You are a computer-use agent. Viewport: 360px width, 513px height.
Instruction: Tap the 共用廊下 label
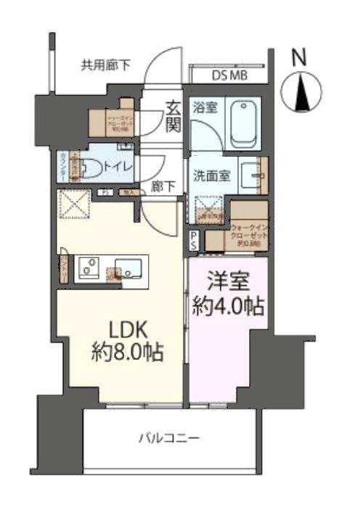pos(105,66)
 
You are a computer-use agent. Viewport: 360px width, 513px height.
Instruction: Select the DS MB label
pos(229,74)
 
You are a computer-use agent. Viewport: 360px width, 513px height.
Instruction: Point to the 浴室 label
pos(206,107)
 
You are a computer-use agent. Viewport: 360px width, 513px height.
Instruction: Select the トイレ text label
pos(119,167)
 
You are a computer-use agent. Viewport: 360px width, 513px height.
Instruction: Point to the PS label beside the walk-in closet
pos(194,239)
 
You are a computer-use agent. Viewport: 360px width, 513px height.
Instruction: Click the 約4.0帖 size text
pos(227,307)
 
